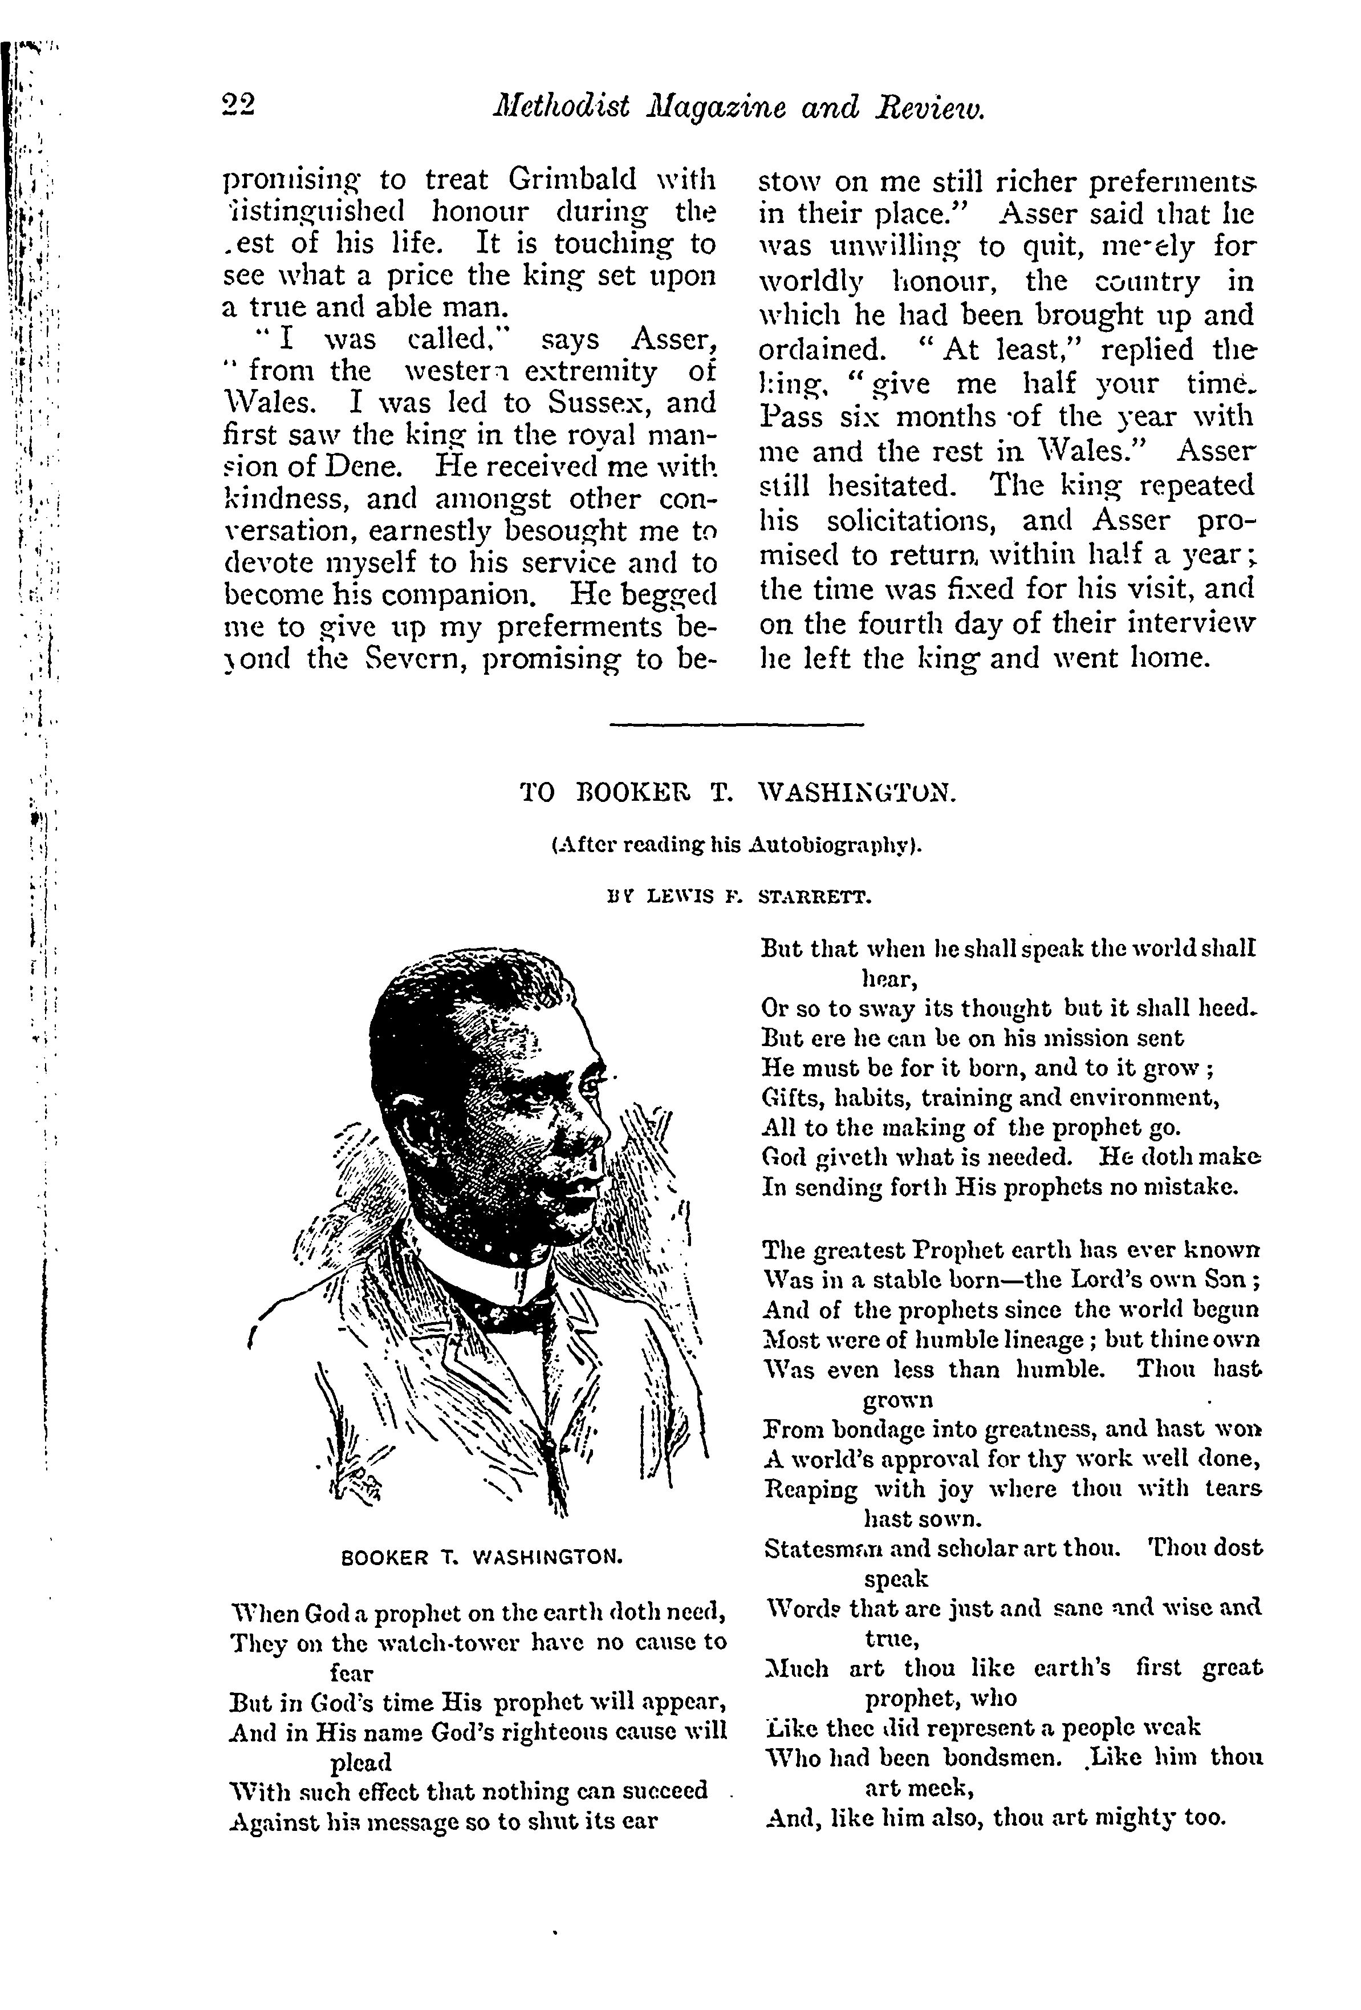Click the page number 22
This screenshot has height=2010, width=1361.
pyautogui.click(x=238, y=107)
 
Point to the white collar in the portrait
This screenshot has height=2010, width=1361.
pyautogui.click(x=472, y=1261)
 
